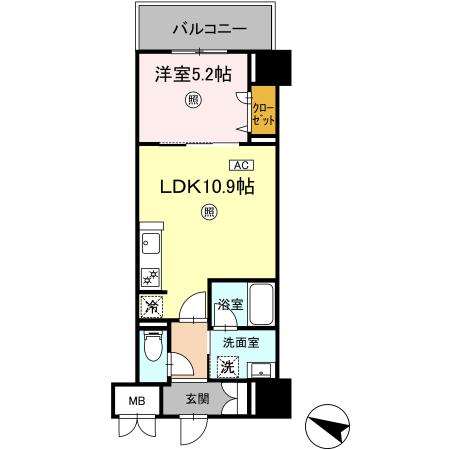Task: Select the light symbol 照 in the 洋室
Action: point(192,98)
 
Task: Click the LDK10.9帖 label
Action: point(200,186)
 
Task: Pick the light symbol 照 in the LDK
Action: point(208,211)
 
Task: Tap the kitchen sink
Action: point(150,243)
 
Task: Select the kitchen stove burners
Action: point(151,277)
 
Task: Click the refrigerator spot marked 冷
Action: point(150,306)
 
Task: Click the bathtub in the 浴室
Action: point(260,304)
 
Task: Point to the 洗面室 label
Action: point(240,343)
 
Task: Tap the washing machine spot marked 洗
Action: point(227,367)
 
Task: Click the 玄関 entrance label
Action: point(196,399)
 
